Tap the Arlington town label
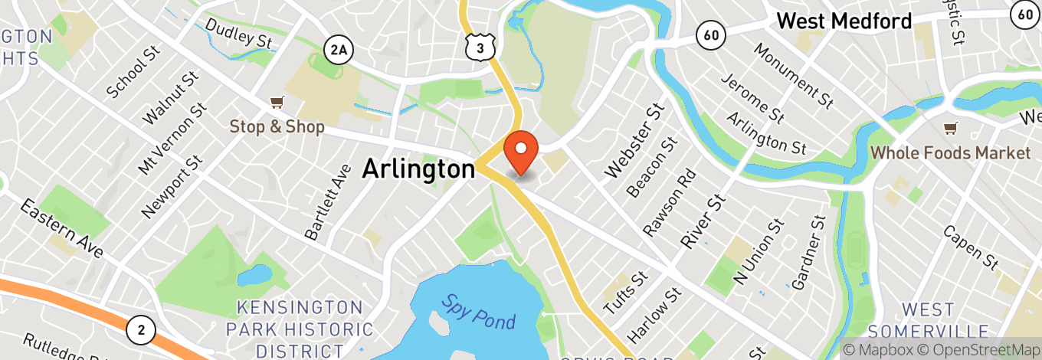pos(418,169)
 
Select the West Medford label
pos(844,21)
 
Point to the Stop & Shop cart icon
pos(277,103)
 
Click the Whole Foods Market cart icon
pos(951,128)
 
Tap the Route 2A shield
pos(338,51)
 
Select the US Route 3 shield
pos(477,47)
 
